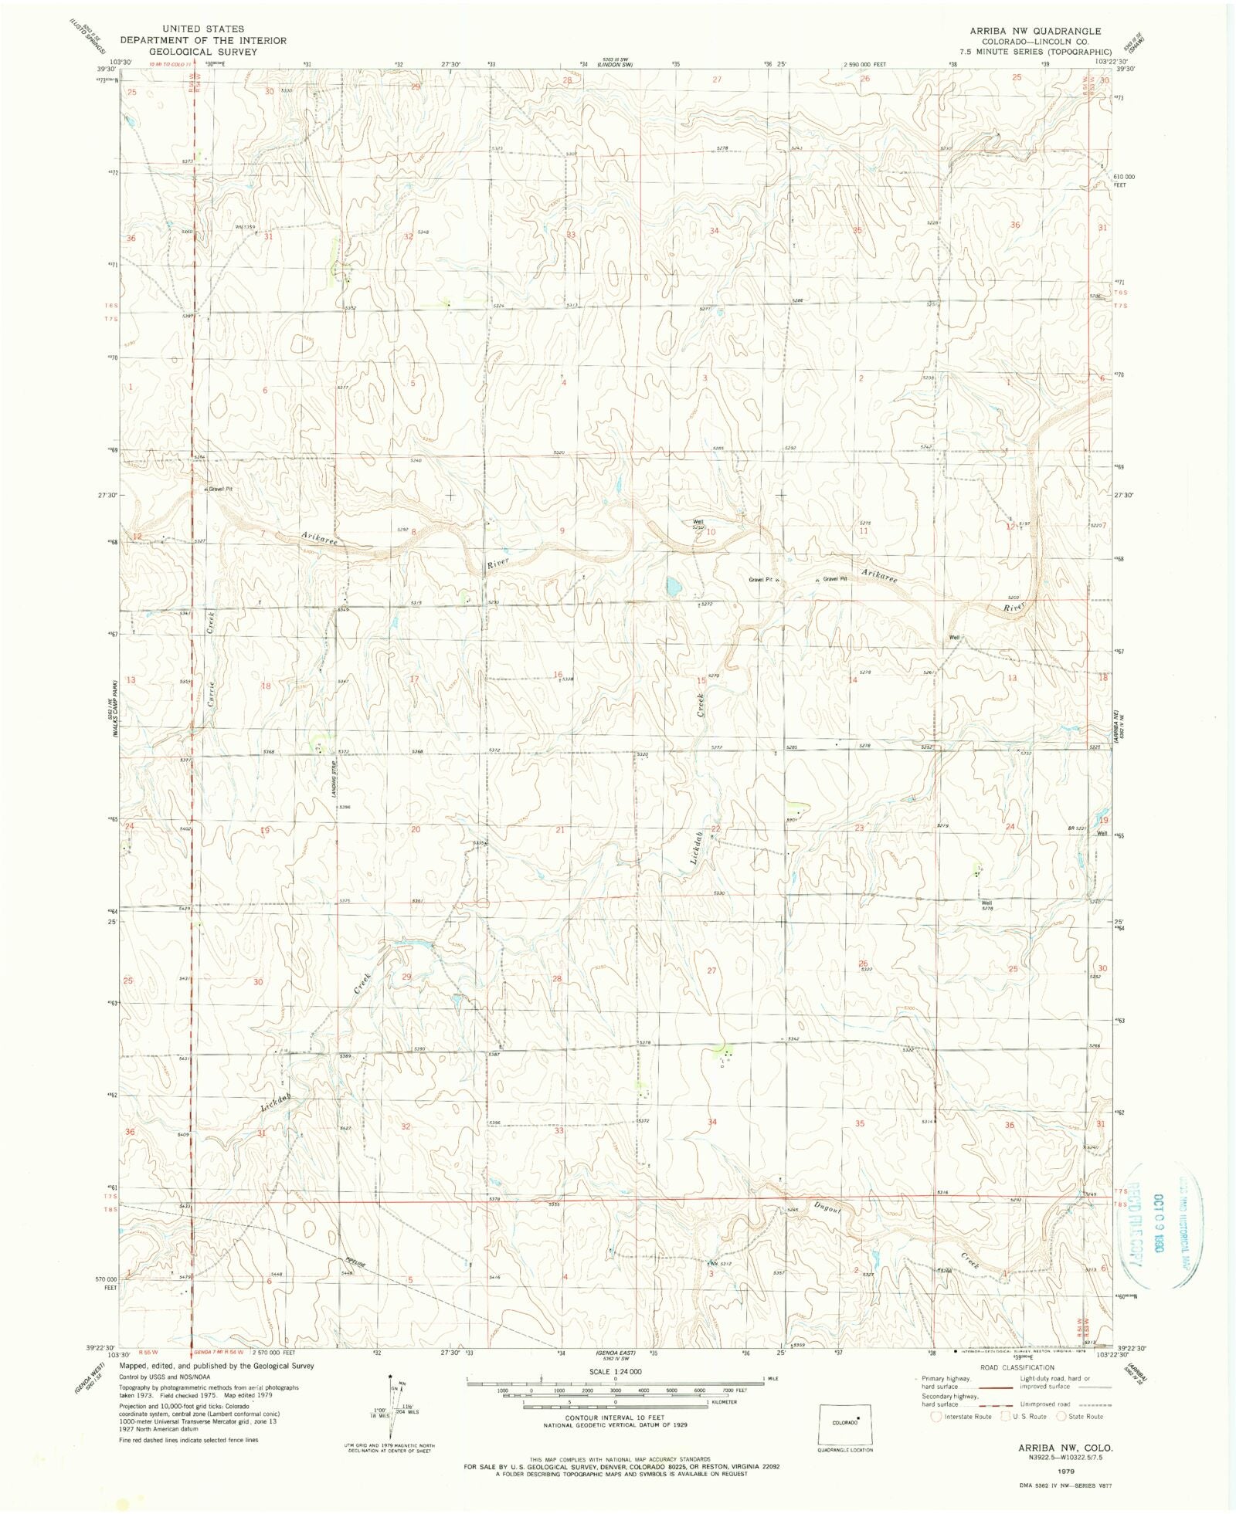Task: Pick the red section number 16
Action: click(558, 675)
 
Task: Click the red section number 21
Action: click(560, 830)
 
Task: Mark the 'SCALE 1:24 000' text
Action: click(615, 1371)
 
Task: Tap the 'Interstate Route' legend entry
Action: click(969, 1416)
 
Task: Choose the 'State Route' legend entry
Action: click(1085, 1416)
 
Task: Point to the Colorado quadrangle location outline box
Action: click(844, 1424)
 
